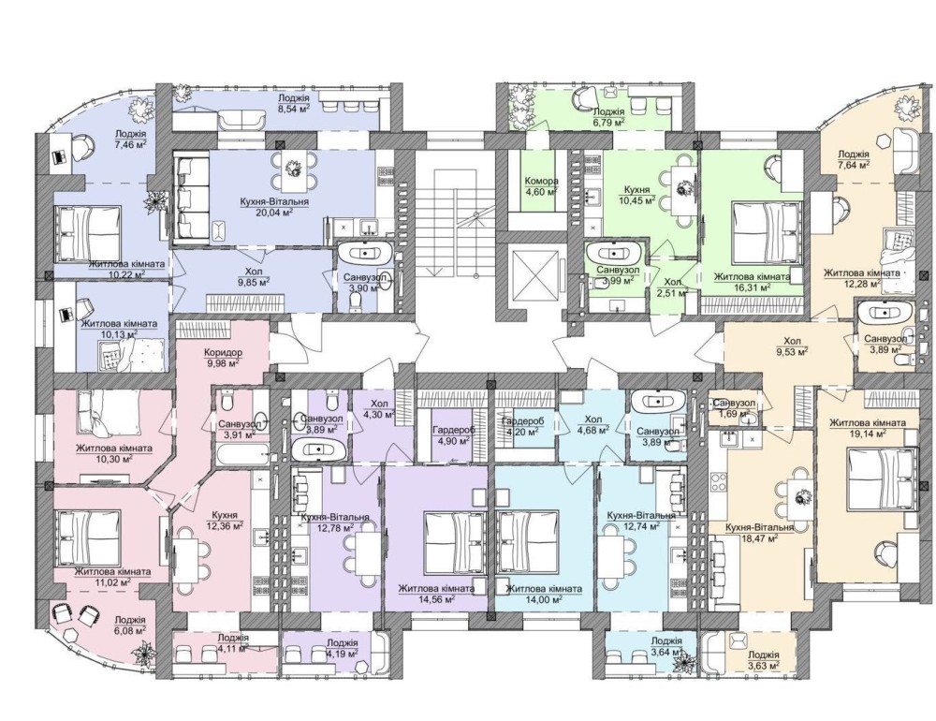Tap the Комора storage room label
point(541,181)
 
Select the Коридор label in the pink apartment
point(223,352)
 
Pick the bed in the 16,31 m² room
point(759,233)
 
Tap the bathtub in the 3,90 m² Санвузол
point(365,253)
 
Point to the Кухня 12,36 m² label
point(225,521)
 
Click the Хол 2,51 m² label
point(674,287)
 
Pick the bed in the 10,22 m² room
point(88,233)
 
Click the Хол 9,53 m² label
point(792,346)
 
